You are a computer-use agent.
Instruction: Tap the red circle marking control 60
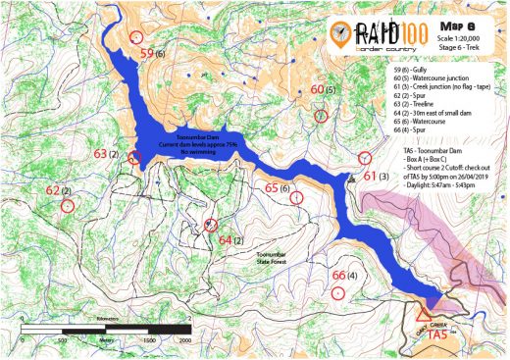point(320,116)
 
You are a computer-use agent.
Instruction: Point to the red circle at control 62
point(67,208)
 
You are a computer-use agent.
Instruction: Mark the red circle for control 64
point(210,225)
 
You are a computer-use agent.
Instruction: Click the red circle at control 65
point(296,196)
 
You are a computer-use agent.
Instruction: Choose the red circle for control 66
point(338,291)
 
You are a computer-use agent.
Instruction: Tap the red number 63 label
point(100,155)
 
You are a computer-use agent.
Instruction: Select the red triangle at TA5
point(423,315)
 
